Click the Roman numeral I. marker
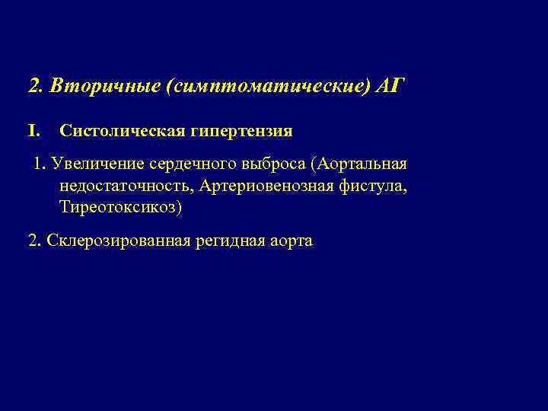click(34, 131)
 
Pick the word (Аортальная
click(365, 165)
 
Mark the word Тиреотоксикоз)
click(121, 208)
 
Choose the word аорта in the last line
click(290, 241)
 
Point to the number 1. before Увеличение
click(40, 165)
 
